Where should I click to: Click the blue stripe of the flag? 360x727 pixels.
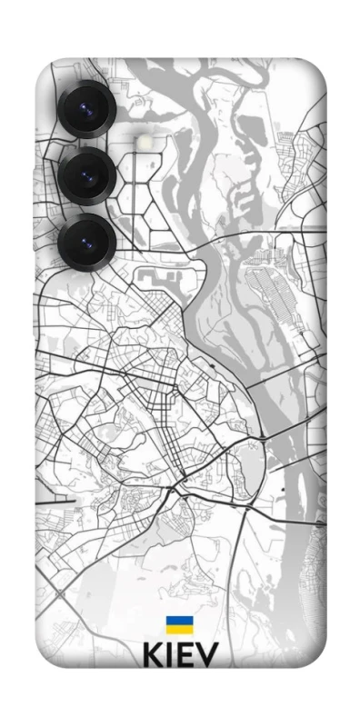click(178, 622)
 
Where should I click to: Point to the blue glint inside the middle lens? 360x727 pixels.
click(89, 176)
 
